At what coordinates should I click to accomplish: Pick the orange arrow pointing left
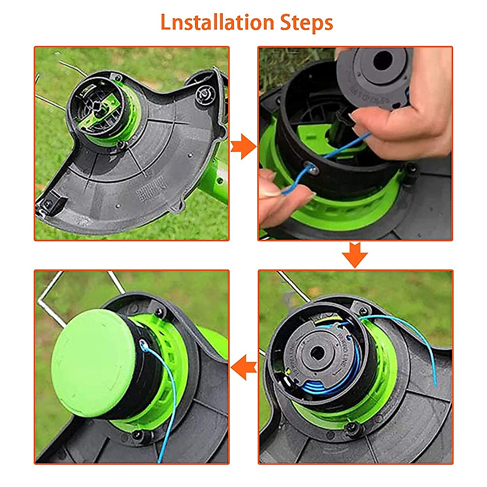pos(243,368)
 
